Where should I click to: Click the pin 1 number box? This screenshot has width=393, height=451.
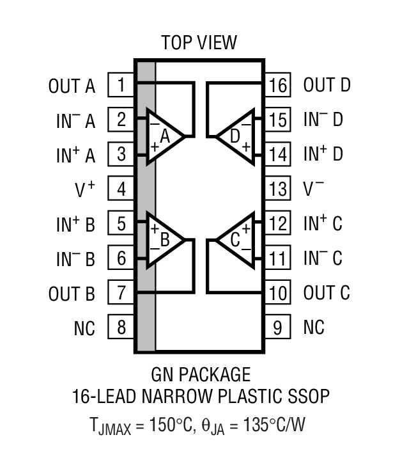121,85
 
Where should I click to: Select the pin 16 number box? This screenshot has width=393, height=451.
278,85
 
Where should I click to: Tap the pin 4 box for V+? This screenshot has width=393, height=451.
121,189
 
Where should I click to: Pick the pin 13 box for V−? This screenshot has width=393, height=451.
278,189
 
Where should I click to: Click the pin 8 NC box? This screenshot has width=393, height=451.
121,328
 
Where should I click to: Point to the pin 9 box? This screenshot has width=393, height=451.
278,328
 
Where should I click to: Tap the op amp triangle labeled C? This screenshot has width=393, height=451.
235,241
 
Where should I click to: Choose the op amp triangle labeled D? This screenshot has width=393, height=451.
235,136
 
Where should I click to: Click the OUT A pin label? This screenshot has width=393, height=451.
72,86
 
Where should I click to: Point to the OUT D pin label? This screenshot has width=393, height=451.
327,85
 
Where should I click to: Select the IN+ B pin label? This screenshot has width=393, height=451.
75,224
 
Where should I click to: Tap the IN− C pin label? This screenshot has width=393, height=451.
323,258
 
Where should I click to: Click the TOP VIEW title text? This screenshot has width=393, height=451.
199,43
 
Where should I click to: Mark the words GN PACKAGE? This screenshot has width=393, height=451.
201,374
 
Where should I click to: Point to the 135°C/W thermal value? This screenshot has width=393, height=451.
268,424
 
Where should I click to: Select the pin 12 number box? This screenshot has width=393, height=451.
278,223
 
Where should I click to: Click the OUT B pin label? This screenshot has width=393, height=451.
72,294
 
